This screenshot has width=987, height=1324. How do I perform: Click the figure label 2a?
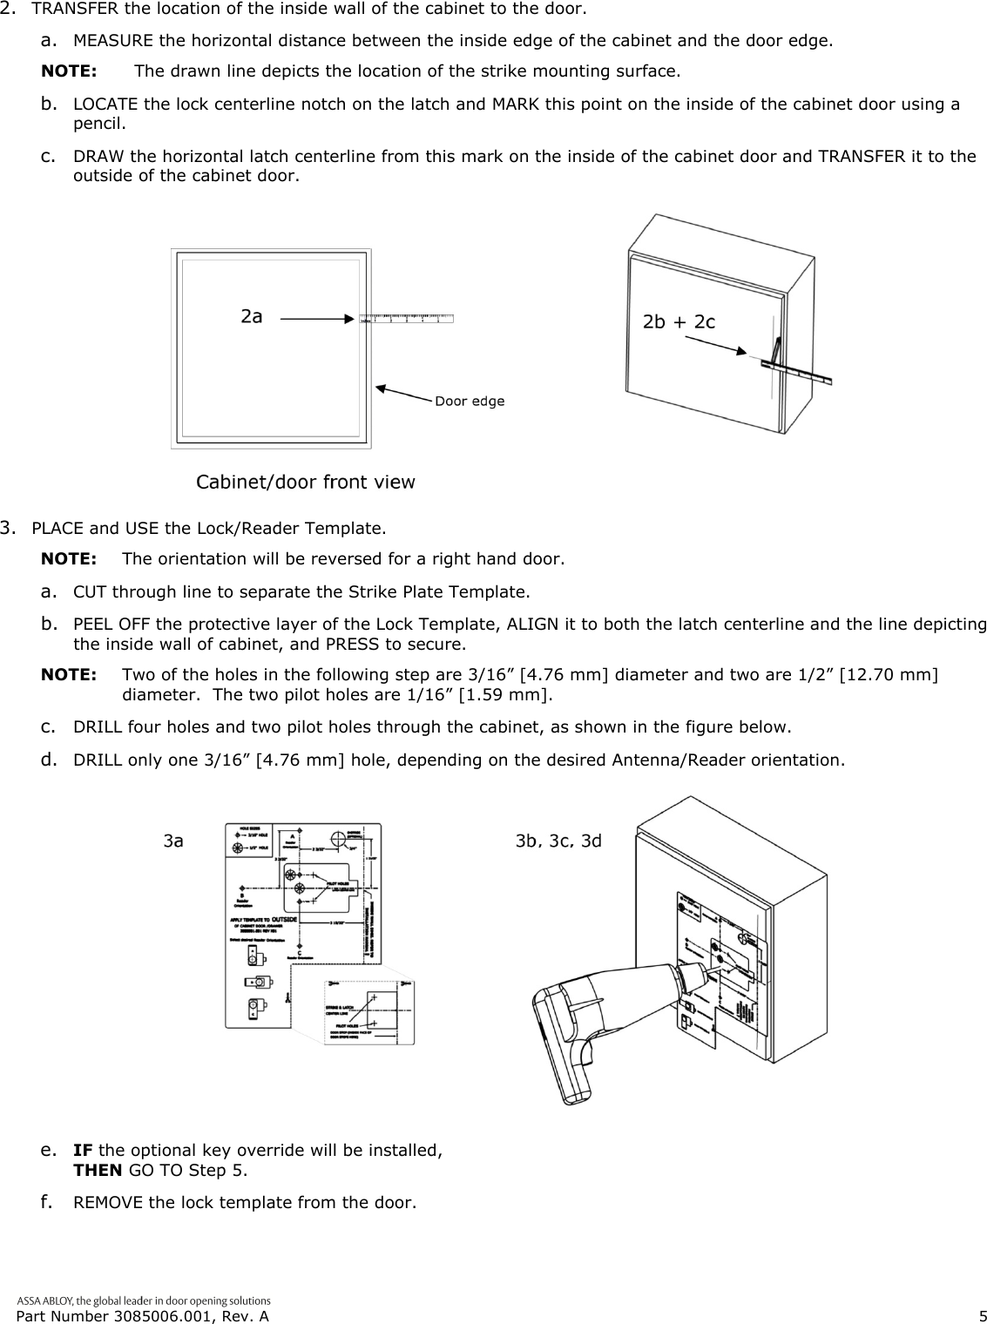point(252,317)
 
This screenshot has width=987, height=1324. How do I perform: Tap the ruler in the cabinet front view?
point(406,317)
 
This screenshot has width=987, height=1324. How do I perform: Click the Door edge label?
point(469,402)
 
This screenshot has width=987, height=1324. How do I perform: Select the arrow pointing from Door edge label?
point(404,393)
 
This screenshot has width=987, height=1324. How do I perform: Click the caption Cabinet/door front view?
point(305,482)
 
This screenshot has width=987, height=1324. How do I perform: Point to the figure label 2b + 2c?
point(679,321)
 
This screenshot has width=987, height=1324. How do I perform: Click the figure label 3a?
point(174,841)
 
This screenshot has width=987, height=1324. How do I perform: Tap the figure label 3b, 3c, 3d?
point(558,841)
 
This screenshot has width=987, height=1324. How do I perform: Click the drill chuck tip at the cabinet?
point(707,968)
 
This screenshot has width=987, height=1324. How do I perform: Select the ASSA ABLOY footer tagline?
point(144,1300)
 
